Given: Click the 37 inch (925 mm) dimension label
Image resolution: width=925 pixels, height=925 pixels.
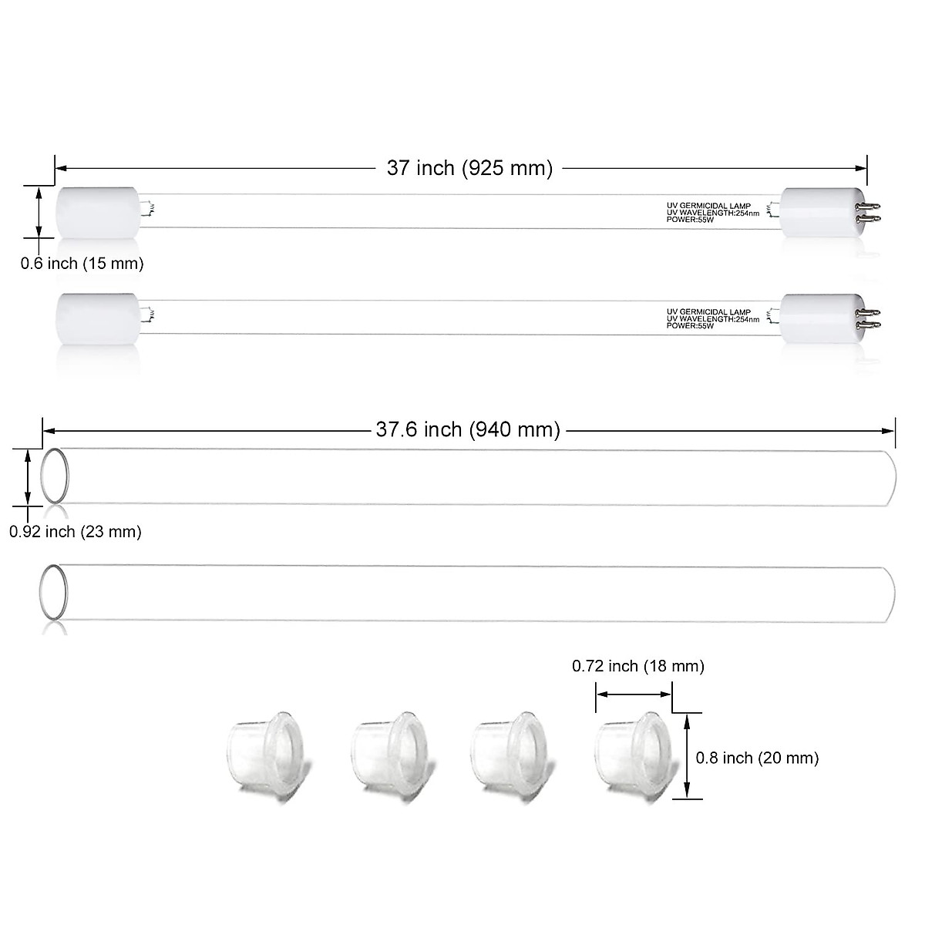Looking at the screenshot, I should (469, 169).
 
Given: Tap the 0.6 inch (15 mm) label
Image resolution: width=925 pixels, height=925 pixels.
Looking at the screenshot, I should (82, 264).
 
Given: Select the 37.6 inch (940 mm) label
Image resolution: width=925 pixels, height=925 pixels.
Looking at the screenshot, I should (468, 429).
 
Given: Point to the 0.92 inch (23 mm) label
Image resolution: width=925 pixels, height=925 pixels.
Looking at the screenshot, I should (76, 531).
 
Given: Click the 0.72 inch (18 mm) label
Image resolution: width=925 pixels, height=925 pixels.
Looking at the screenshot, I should (637, 665).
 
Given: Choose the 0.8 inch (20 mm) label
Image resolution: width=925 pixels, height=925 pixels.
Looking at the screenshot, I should (757, 758).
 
